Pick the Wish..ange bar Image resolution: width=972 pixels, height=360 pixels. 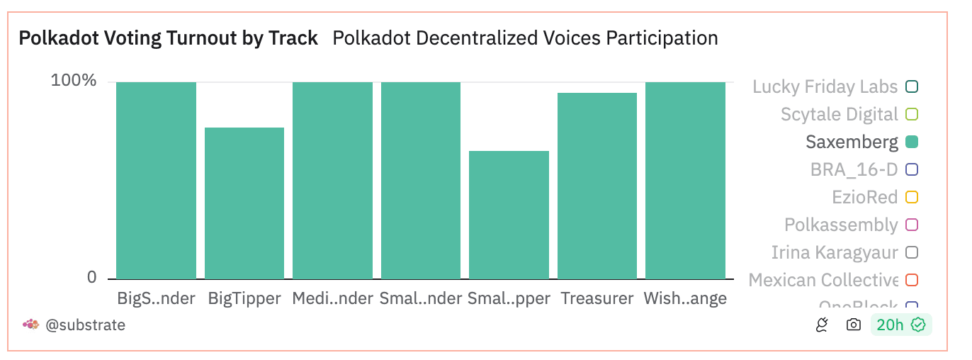tap(685, 181)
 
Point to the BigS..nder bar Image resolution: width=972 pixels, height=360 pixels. tap(156, 181)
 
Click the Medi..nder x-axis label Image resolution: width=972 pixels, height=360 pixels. tap(332, 298)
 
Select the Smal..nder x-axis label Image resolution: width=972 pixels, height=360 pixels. tap(421, 298)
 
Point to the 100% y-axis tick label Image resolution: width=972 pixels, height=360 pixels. tap(73, 81)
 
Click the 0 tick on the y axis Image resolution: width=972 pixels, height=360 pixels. tap(91, 278)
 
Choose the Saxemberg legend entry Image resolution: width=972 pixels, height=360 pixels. tap(852, 142)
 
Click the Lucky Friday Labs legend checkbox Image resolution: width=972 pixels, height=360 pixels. tap(912, 86)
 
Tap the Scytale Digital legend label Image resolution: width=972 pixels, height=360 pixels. tap(839, 114)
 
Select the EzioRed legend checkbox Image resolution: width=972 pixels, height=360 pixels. tap(912, 197)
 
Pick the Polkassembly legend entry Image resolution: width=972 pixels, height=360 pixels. tap(841, 225)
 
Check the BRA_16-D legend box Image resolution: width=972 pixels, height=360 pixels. tap(912, 169)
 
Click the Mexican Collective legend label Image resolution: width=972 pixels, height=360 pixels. tap(823, 280)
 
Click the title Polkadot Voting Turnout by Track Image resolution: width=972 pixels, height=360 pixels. tap(168, 38)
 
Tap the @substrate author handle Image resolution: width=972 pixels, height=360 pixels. tap(85, 325)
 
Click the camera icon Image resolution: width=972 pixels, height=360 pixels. tap(854, 325)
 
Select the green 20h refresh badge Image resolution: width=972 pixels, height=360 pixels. tap(900, 325)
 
